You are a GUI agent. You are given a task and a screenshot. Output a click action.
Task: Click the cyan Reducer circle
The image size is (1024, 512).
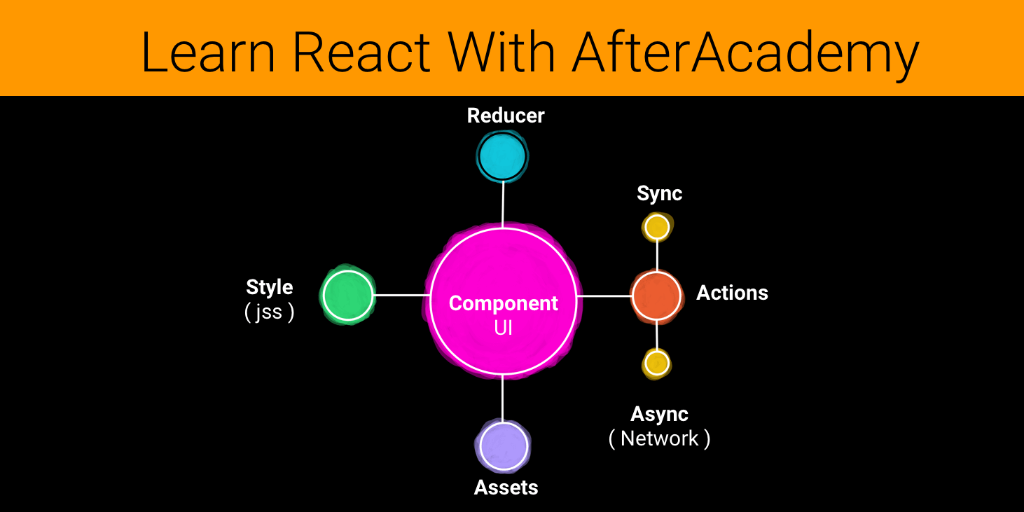(x=502, y=156)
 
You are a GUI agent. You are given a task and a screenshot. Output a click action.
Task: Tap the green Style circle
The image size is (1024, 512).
(x=348, y=295)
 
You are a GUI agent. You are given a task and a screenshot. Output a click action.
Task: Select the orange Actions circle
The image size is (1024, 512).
(x=656, y=296)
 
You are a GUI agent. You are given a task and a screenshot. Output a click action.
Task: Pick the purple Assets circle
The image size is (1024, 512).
(x=504, y=445)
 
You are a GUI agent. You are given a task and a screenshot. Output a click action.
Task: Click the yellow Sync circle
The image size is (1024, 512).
(x=657, y=227)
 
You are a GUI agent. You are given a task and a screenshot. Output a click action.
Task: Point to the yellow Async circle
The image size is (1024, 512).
(x=657, y=364)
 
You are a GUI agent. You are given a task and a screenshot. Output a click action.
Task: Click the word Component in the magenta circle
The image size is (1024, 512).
(x=504, y=304)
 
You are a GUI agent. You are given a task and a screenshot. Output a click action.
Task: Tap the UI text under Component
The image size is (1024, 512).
(x=504, y=328)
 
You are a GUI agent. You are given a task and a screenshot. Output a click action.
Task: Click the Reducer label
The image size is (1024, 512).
(x=506, y=116)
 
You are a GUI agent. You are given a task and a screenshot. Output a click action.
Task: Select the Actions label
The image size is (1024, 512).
(x=732, y=293)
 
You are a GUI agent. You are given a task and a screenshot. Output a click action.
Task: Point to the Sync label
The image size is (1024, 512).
(x=659, y=194)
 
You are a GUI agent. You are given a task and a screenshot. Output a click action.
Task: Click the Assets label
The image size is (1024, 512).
(x=506, y=487)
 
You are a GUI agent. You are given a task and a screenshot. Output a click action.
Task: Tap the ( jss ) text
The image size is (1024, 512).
(x=269, y=312)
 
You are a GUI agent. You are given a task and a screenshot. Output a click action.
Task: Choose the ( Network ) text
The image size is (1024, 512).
(x=659, y=439)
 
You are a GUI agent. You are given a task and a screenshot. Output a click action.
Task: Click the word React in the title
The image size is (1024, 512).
(x=361, y=52)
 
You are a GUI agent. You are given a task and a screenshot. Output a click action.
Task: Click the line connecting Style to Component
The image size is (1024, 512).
(x=402, y=296)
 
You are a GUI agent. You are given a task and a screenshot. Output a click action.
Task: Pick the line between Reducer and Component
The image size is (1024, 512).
(x=503, y=205)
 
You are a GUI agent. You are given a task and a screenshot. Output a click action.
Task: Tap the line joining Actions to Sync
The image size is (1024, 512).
(x=657, y=256)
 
